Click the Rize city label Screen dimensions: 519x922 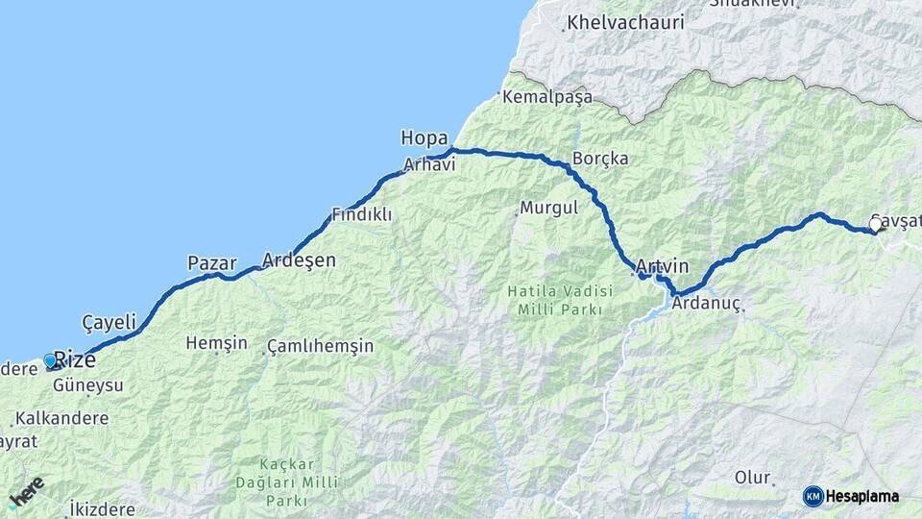pyautogui.click(x=75, y=359)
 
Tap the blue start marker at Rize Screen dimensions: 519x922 pyautogui.click(x=51, y=361)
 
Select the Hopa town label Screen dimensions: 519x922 pyautogui.click(x=425, y=138)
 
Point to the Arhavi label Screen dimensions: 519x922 pyautogui.click(x=428, y=164)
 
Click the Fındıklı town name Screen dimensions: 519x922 pyautogui.click(x=361, y=214)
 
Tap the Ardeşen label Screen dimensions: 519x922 pyautogui.click(x=300, y=260)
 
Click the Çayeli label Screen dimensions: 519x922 pyautogui.click(x=109, y=322)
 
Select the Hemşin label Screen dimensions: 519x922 pyautogui.click(x=216, y=343)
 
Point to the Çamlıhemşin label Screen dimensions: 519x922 pyautogui.click(x=320, y=345)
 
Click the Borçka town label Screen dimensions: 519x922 pyautogui.click(x=600, y=158)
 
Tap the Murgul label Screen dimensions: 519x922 pyautogui.click(x=548, y=207)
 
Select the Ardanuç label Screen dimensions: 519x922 pyautogui.click(x=707, y=303)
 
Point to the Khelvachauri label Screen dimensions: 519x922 pyautogui.click(x=625, y=21)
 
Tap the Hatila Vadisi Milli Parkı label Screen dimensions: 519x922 pyautogui.click(x=559, y=299)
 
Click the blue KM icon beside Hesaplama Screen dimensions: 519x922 pyautogui.click(x=813, y=496)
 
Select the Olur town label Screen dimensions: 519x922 pyautogui.click(x=753, y=478)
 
